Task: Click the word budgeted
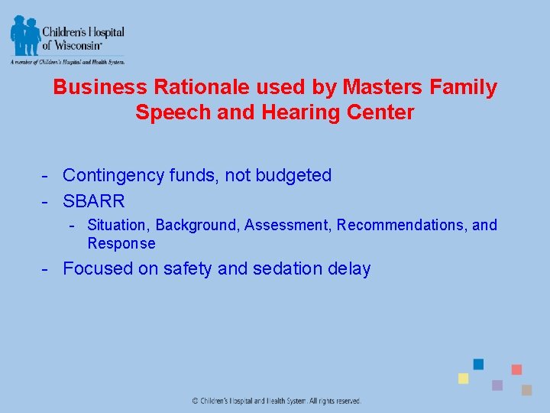tap(296, 175)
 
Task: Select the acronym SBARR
tap(93, 202)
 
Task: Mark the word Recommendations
tap(402, 225)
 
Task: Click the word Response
tap(121, 243)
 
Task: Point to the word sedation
tap(290, 268)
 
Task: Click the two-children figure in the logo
tap(24, 35)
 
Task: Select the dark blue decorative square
tap(478, 364)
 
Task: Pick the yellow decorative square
tap(463, 379)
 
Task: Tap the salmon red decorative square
tap(516, 369)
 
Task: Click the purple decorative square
tap(497, 385)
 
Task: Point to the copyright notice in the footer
tap(276, 401)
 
